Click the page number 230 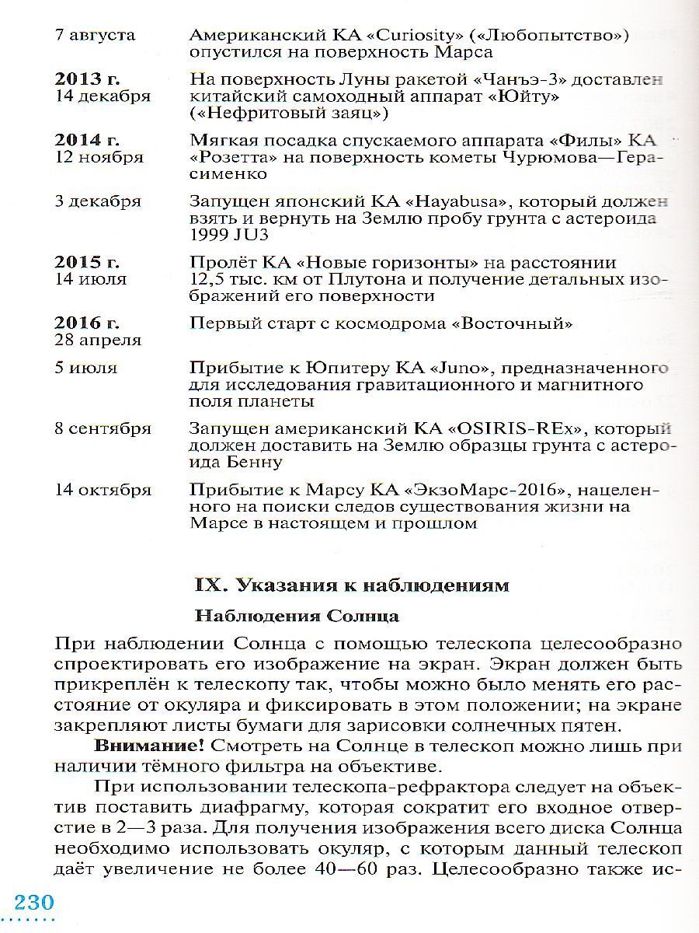point(33,903)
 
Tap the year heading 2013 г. point(87,80)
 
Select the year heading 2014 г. point(87,141)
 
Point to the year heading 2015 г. point(87,262)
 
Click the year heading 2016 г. point(87,323)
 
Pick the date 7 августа point(95,36)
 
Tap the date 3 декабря point(98,201)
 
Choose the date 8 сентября point(103,428)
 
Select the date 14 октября point(103,489)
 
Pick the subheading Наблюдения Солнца point(297,617)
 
